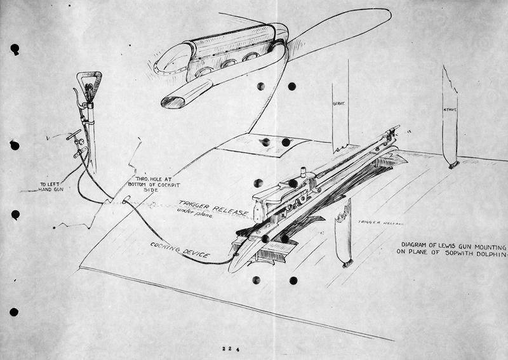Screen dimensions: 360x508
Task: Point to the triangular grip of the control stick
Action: [89, 83]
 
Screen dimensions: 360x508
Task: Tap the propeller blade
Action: [343, 29]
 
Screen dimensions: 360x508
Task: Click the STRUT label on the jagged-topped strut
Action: [450, 110]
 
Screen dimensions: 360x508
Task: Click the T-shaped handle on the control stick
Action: [75, 135]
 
